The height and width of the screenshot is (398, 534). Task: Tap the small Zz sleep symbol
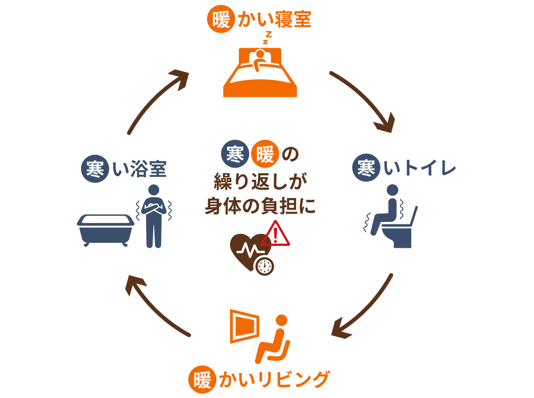click(x=267, y=37)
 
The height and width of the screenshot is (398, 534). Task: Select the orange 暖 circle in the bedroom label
click(x=221, y=20)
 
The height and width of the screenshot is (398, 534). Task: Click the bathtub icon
click(x=105, y=229)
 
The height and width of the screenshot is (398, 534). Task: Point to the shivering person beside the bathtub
click(x=154, y=215)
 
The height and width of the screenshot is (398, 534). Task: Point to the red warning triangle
click(x=276, y=234)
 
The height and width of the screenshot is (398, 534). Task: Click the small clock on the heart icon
click(x=264, y=266)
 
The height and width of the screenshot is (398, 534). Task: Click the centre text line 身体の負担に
click(x=260, y=206)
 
